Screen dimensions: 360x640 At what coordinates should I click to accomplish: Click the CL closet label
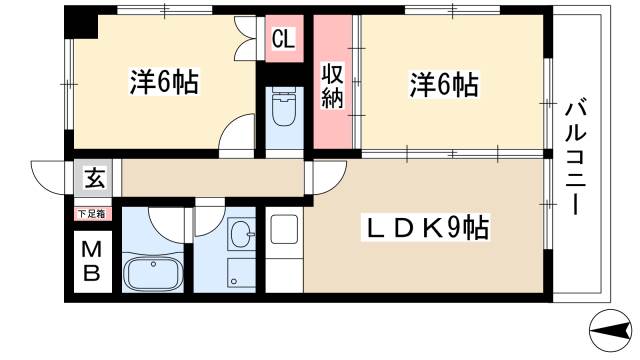[x=283, y=41]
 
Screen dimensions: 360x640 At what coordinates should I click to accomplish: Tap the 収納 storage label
[x=331, y=85]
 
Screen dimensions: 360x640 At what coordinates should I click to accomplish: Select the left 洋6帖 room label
[x=164, y=83]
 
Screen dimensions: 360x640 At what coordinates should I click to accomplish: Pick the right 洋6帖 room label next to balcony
[x=443, y=84]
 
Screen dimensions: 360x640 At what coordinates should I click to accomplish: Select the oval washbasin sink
[x=241, y=236]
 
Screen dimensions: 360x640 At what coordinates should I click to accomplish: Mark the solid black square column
[x=84, y=25]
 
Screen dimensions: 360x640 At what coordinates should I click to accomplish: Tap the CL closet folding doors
[x=245, y=39]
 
